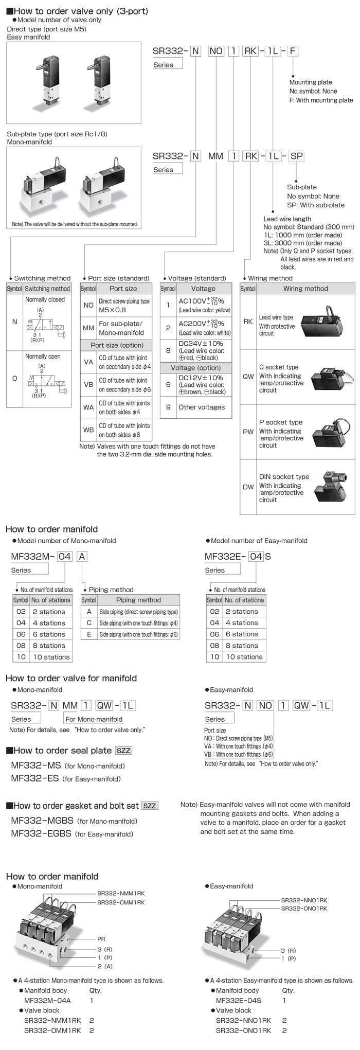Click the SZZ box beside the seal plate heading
coord(123,751)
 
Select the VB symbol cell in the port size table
coord(88,384)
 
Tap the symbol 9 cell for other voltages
coord(168,407)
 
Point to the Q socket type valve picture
coord(333,377)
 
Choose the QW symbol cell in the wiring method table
coord(248,377)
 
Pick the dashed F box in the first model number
coord(292,51)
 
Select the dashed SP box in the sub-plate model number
coord(296,156)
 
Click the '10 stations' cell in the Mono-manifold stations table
coord(51,657)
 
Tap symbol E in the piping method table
coord(89,634)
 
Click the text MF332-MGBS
coord(42,821)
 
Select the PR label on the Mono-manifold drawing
coord(101,939)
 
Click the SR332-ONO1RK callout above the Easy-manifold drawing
coord(304,909)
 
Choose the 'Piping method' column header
coord(138,600)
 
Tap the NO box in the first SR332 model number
coord(216,51)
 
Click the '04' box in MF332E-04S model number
coord(256,556)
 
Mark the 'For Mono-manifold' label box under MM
coord(94,719)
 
